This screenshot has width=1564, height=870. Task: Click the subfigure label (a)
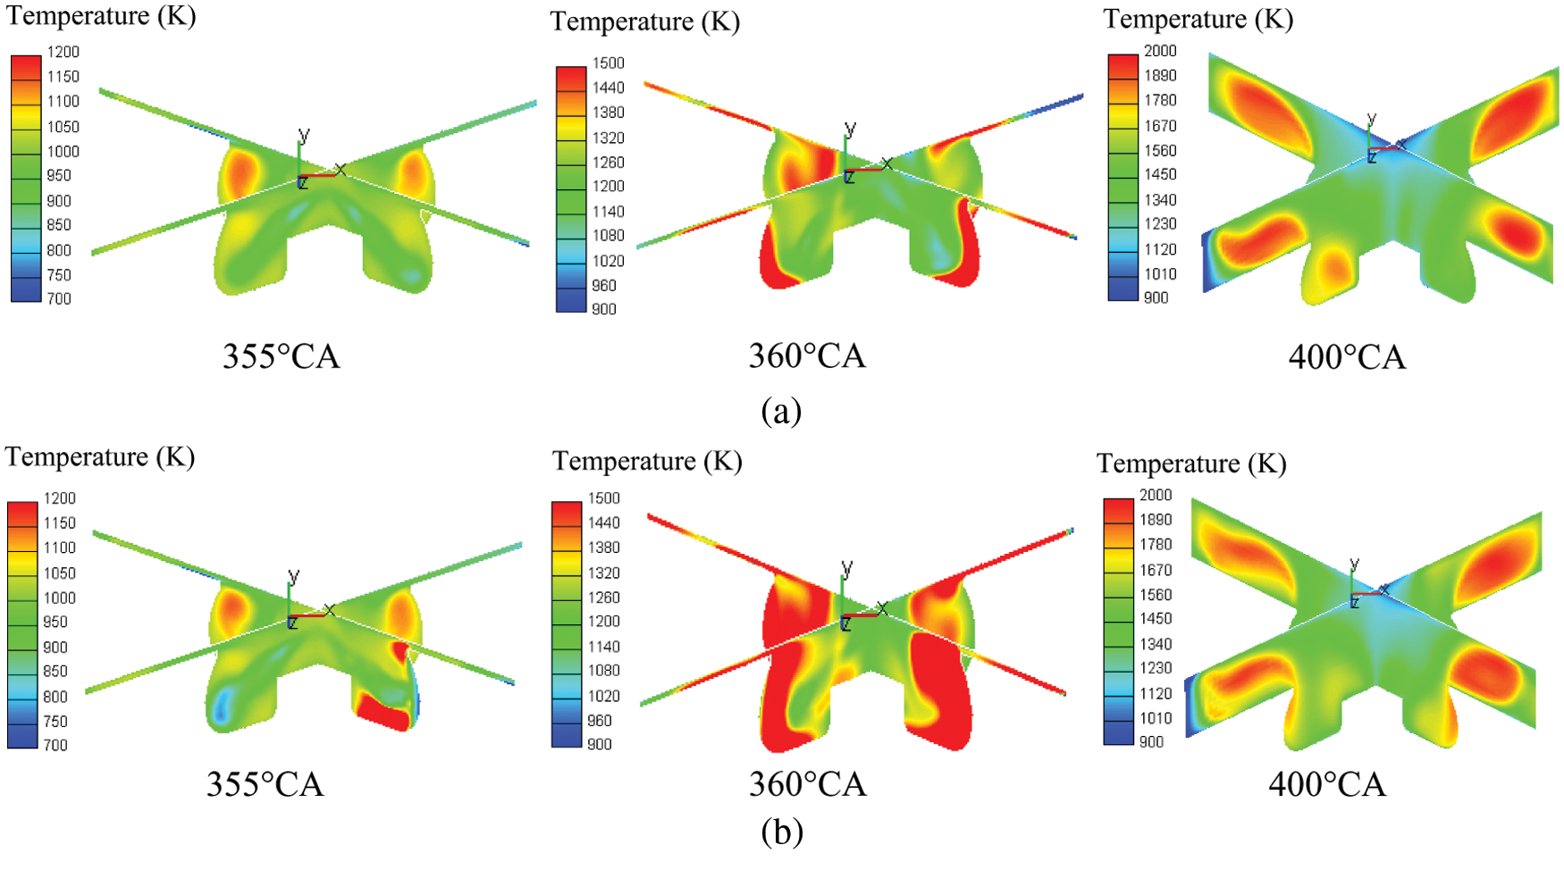781,411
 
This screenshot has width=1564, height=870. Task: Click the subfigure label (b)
781,832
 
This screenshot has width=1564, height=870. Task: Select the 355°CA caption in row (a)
281,356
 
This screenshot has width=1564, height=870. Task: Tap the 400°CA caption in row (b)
1326,784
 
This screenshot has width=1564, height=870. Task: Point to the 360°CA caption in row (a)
806,356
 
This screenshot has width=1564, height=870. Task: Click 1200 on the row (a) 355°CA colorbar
63,52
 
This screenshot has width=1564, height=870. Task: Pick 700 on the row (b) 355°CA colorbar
55,745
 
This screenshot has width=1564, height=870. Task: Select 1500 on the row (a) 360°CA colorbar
608,63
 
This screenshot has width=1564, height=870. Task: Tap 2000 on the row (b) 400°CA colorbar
1155,495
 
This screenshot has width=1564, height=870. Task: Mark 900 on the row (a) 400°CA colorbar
1156,297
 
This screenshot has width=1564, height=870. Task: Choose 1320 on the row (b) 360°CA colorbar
603,573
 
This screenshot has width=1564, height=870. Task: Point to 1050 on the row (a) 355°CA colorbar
63,127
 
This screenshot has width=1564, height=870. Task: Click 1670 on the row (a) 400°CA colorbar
1160,126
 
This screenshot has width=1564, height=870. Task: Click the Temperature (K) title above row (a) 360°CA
644,21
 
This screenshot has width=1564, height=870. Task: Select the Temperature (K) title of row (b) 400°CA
1191,464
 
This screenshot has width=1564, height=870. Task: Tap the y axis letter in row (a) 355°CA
304,136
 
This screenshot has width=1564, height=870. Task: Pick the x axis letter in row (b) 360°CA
883,607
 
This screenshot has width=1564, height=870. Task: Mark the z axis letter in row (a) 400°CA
1372,158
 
